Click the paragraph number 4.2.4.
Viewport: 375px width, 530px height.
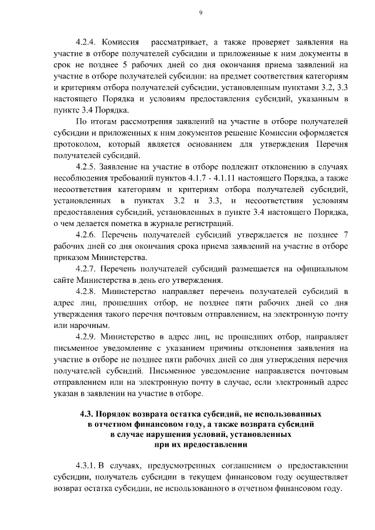87,43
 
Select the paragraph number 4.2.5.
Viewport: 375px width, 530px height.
87,167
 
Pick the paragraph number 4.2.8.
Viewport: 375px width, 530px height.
87,291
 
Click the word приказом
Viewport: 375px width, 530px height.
71,257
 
